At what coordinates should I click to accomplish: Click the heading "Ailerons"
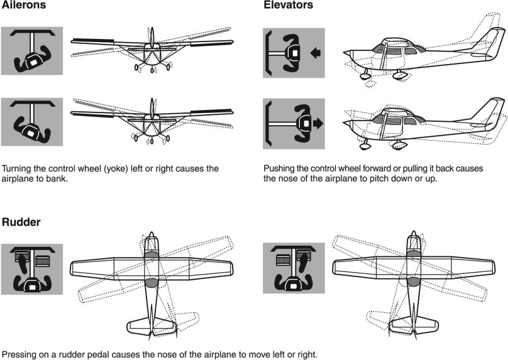tap(23, 6)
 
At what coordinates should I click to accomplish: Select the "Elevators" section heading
tap(289, 6)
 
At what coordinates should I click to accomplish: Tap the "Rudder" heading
tap(21, 222)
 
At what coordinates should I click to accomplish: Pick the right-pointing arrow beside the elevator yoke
tap(317, 124)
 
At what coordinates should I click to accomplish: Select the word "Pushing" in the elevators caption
tap(280, 168)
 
